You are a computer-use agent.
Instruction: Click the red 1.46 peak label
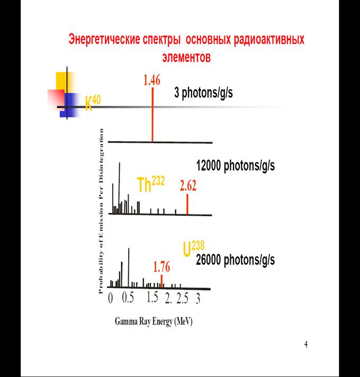click(x=152, y=81)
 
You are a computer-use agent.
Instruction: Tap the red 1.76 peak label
click(x=161, y=267)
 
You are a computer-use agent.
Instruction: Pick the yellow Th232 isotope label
click(x=151, y=185)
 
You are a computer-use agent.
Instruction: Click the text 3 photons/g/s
click(x=204, y=93)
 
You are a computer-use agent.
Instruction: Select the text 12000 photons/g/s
click(x=235, y=166)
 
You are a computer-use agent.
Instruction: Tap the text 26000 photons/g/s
click(x=235, y=260)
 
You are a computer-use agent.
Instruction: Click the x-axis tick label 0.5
click(x=128, y=298)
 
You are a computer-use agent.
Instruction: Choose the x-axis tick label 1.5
click(x=152, y=298)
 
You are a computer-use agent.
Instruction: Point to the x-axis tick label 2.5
click(x=183, y=299)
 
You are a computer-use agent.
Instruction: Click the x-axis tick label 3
click(x=197, y=299)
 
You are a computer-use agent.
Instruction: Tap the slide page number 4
click(x=306, y=345)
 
